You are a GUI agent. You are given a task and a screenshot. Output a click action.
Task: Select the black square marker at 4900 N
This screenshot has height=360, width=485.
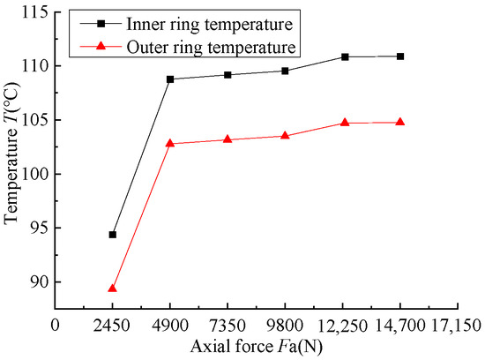coord(170,79)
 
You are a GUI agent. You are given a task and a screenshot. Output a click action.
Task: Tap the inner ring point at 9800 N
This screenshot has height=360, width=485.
coord(286,71)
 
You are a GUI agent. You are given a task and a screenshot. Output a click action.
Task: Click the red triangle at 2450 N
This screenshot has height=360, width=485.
coord(113,288)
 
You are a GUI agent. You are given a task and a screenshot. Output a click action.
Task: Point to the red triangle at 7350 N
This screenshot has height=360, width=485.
coord(228,139)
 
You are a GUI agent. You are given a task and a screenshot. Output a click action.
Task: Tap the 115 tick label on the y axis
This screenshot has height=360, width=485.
coord(33,12)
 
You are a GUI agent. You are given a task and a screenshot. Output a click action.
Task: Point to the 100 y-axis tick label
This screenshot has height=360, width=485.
coord(33,174)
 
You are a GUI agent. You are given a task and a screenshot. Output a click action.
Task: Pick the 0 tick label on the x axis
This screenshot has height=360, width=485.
coord(56,325)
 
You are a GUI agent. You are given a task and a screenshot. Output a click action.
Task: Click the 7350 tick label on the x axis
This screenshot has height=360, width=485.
coord(228,325)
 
